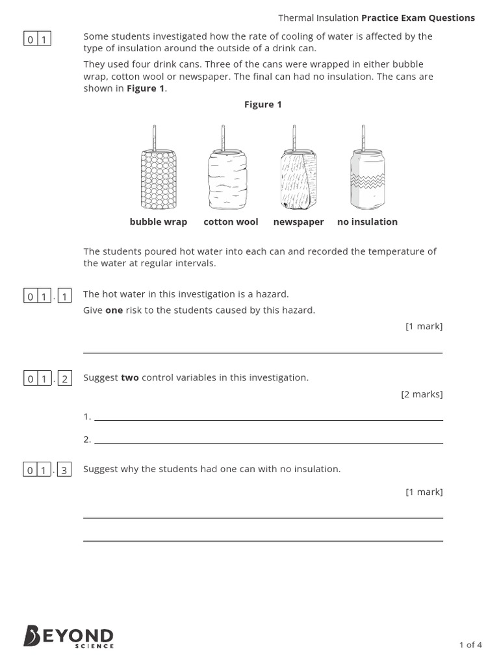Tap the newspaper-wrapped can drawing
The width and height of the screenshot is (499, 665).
[x=298, y=177]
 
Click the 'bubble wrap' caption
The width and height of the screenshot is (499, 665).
[x=158, y=222]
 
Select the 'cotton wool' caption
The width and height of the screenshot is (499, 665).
[x=231, y=222]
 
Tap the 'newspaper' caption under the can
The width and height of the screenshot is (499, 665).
[x=298, y=222]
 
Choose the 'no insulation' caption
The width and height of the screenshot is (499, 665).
[x=367, y=222]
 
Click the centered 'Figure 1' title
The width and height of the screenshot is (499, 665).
[x=262, y=105]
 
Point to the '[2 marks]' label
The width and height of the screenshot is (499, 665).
[x=422, y=394]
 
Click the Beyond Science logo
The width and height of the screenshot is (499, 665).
[x=68, y=636]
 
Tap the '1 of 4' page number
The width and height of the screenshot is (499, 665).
[x=470, y=645]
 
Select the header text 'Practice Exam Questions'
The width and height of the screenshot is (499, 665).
[x=418, y=18]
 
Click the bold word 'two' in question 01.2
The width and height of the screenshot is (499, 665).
[x=130, y=378]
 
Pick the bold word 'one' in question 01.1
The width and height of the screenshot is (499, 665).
[x=114, y=310]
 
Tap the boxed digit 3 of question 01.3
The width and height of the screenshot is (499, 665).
[x=64, y=470]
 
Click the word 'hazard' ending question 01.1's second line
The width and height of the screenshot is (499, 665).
[x=301, y=310]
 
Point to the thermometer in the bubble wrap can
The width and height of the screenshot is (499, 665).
[x=155, y=137]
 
